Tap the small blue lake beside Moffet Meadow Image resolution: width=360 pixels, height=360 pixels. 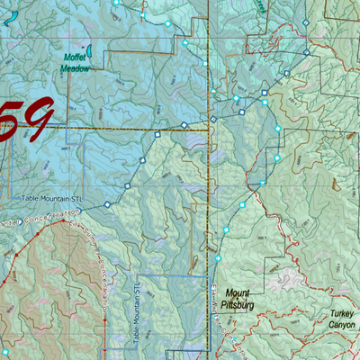(91, 53)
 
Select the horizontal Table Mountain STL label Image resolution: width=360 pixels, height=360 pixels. (53, 195)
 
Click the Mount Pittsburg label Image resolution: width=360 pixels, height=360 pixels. (238, 298)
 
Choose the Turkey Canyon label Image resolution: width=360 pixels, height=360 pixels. (342, 319)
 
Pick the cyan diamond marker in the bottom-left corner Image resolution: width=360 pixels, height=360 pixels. (5, 350)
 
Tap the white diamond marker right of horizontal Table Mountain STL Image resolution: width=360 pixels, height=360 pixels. (106, 205)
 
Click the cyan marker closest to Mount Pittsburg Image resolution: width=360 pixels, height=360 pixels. (227, 230)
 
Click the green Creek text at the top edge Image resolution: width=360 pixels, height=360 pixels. (260, 4)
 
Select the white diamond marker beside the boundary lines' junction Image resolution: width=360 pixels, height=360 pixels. (213, 120)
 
